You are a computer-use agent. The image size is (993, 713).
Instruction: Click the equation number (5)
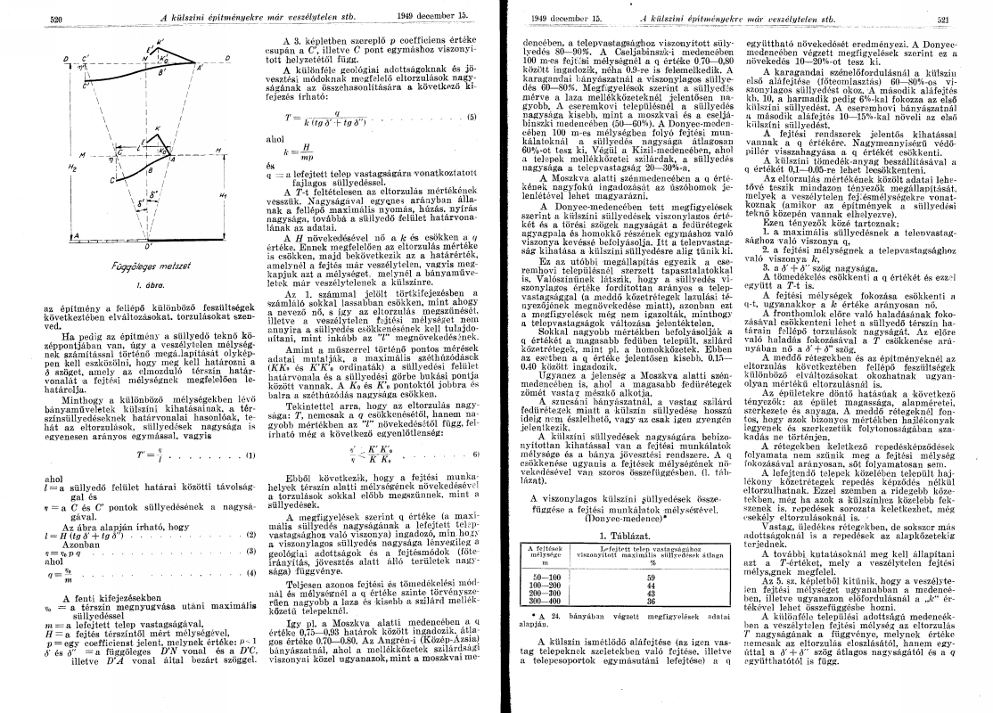pyautogui.click(x=472, y=117)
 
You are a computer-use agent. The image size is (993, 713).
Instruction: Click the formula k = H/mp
pyautogui.click(x=288, y=148)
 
